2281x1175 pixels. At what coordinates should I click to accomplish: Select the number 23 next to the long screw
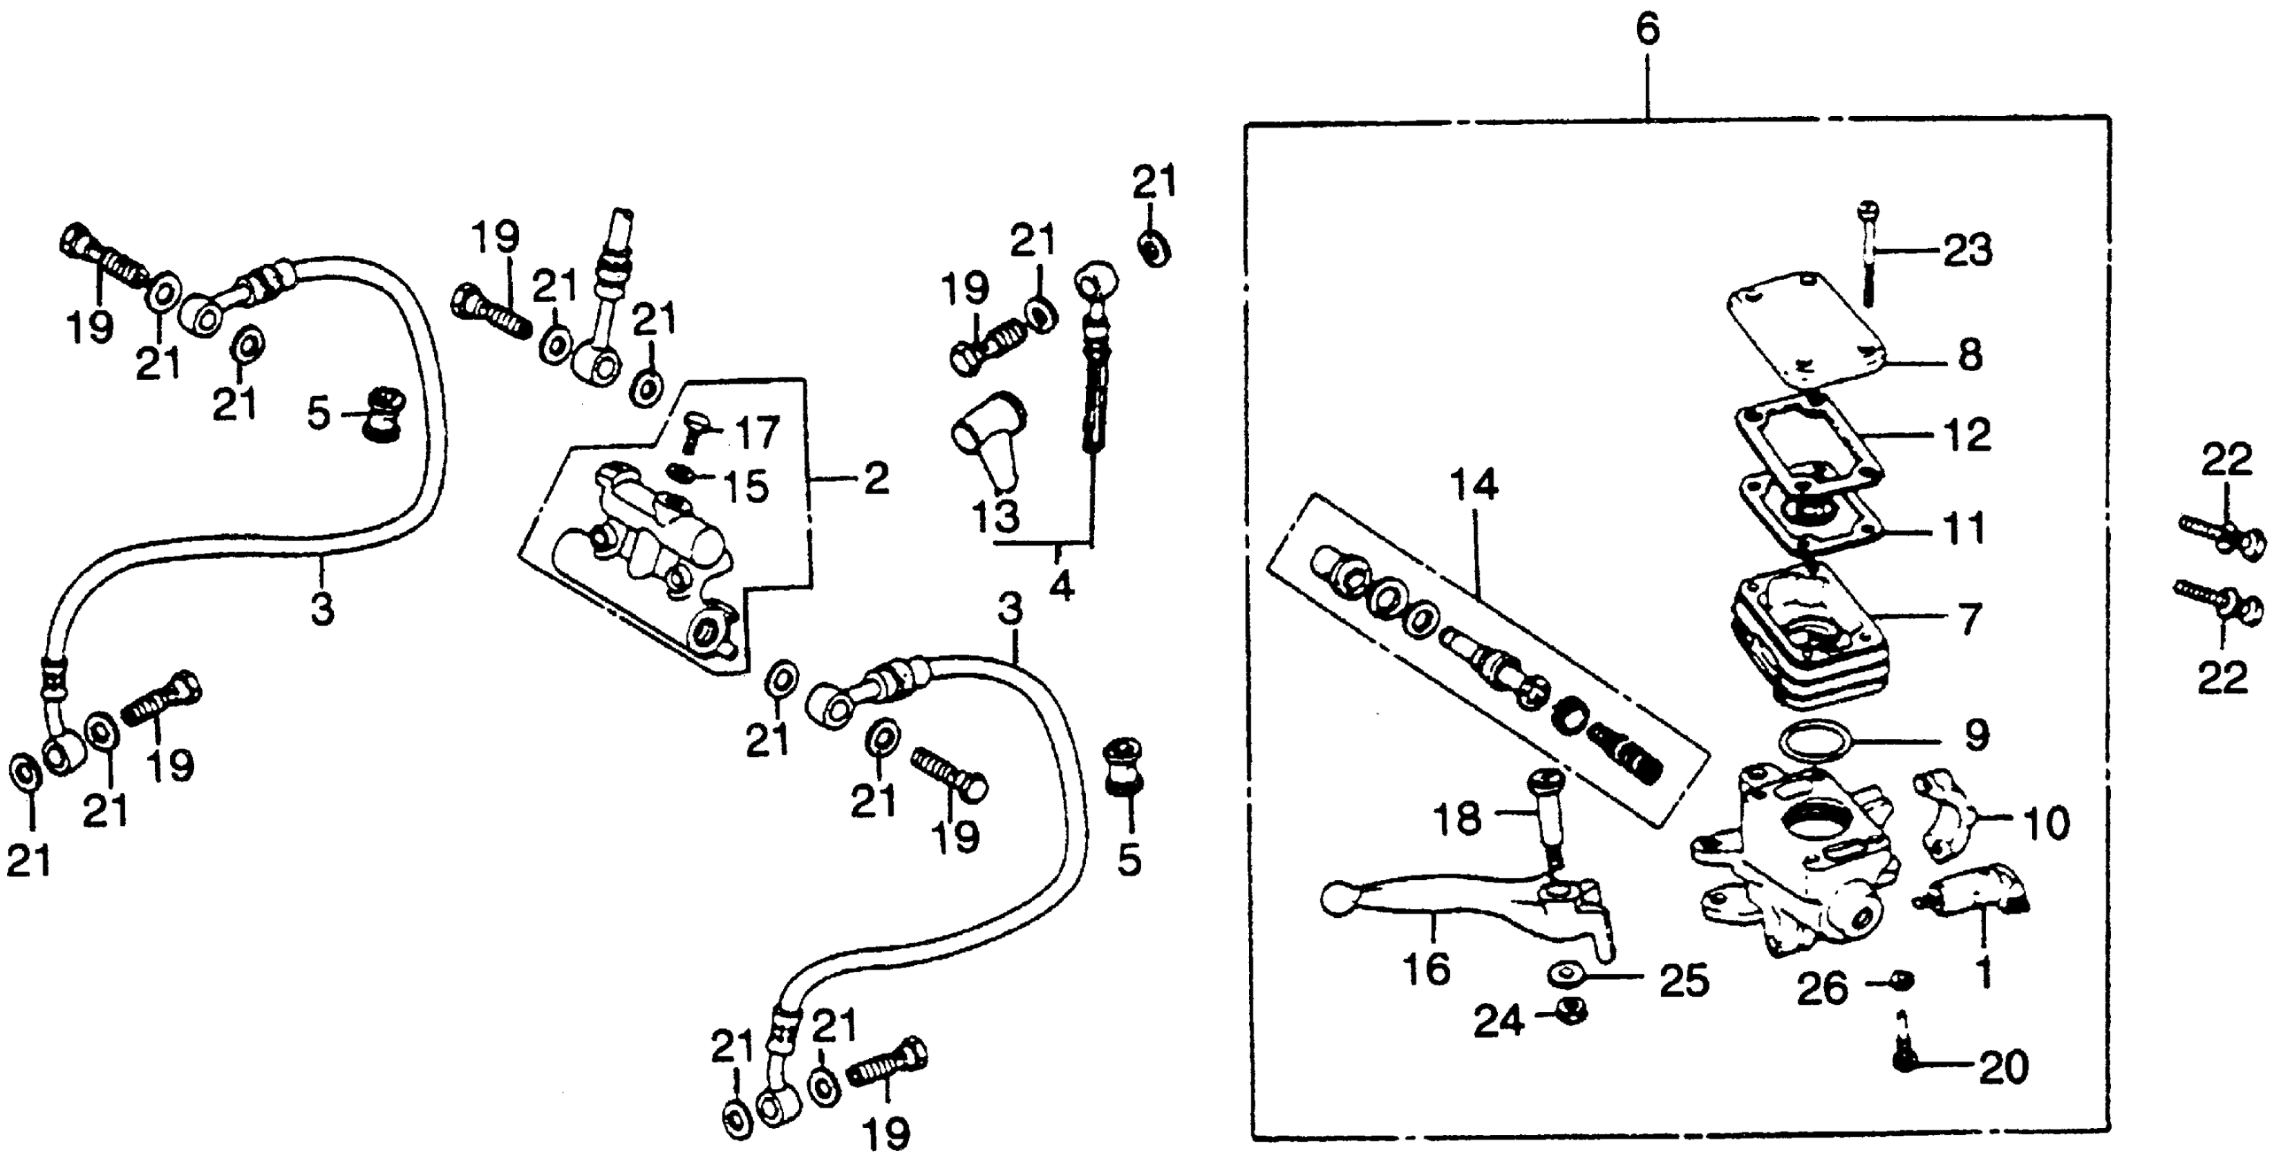click(x=1968, y=251)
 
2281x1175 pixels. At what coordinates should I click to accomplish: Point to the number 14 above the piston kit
click(x=1474, y=485)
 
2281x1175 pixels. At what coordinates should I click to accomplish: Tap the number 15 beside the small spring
click(x=746, y=487)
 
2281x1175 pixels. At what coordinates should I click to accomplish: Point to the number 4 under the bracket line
click(x=1061, y=585)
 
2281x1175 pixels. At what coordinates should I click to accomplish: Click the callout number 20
click(x=2003, y=1067)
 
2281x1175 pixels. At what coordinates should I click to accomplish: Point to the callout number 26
click(x=1821, y=989)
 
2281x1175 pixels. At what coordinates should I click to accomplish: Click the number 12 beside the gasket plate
click(x=1966, y=435)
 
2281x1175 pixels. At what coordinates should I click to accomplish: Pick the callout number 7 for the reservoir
click(x=1968, y=619)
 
